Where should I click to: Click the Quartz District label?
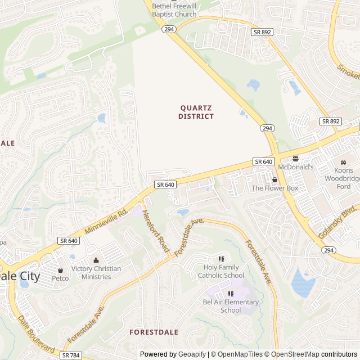click(x=196, y=112)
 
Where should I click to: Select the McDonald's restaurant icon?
click(x=295, y=159)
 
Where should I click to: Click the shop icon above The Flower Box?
click(x=274, y=180)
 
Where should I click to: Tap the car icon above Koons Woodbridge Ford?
click(x=343, y=163)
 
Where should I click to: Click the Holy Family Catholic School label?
click(x=221, y=272)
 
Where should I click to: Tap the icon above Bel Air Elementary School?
click(x=231, y=294)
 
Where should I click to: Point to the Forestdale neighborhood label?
click(x=154, y=332)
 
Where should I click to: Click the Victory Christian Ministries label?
click(x=96, y=273)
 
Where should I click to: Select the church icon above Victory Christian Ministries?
click(x=96, y=260)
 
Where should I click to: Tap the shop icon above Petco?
click(x=60, y=270)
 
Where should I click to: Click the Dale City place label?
click(x=20, y=276)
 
